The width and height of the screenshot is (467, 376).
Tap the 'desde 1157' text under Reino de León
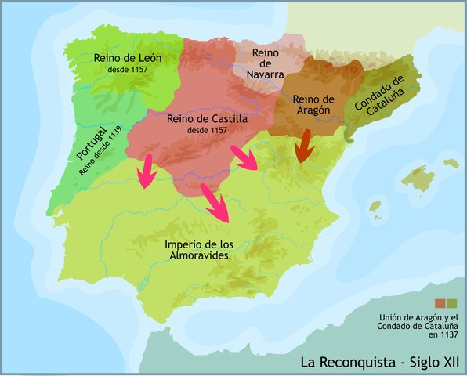[130, 70]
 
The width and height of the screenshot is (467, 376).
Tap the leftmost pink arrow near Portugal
[145, 172]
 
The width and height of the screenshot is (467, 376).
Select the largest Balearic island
[418, 181]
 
